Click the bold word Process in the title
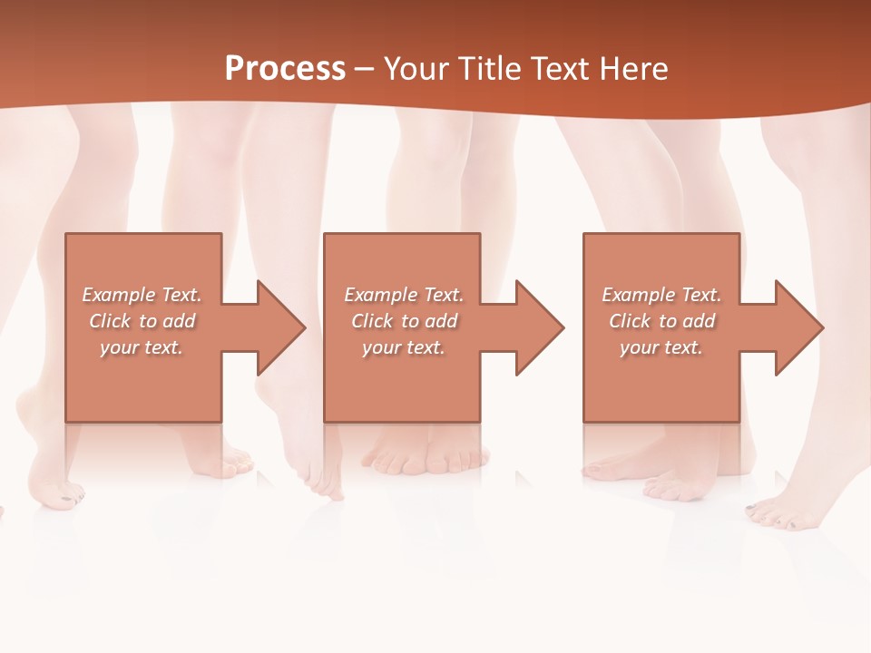(x=285, y=69)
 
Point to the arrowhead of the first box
(x=279, y=327)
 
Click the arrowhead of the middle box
(x=539, y=327)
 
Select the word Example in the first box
(x=119, y=295)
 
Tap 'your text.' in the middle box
(x=404, y=347)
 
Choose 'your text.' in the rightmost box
(x=661, y=347)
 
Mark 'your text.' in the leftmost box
(x=142, y=347)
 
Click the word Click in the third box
(x=631, y=321)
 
